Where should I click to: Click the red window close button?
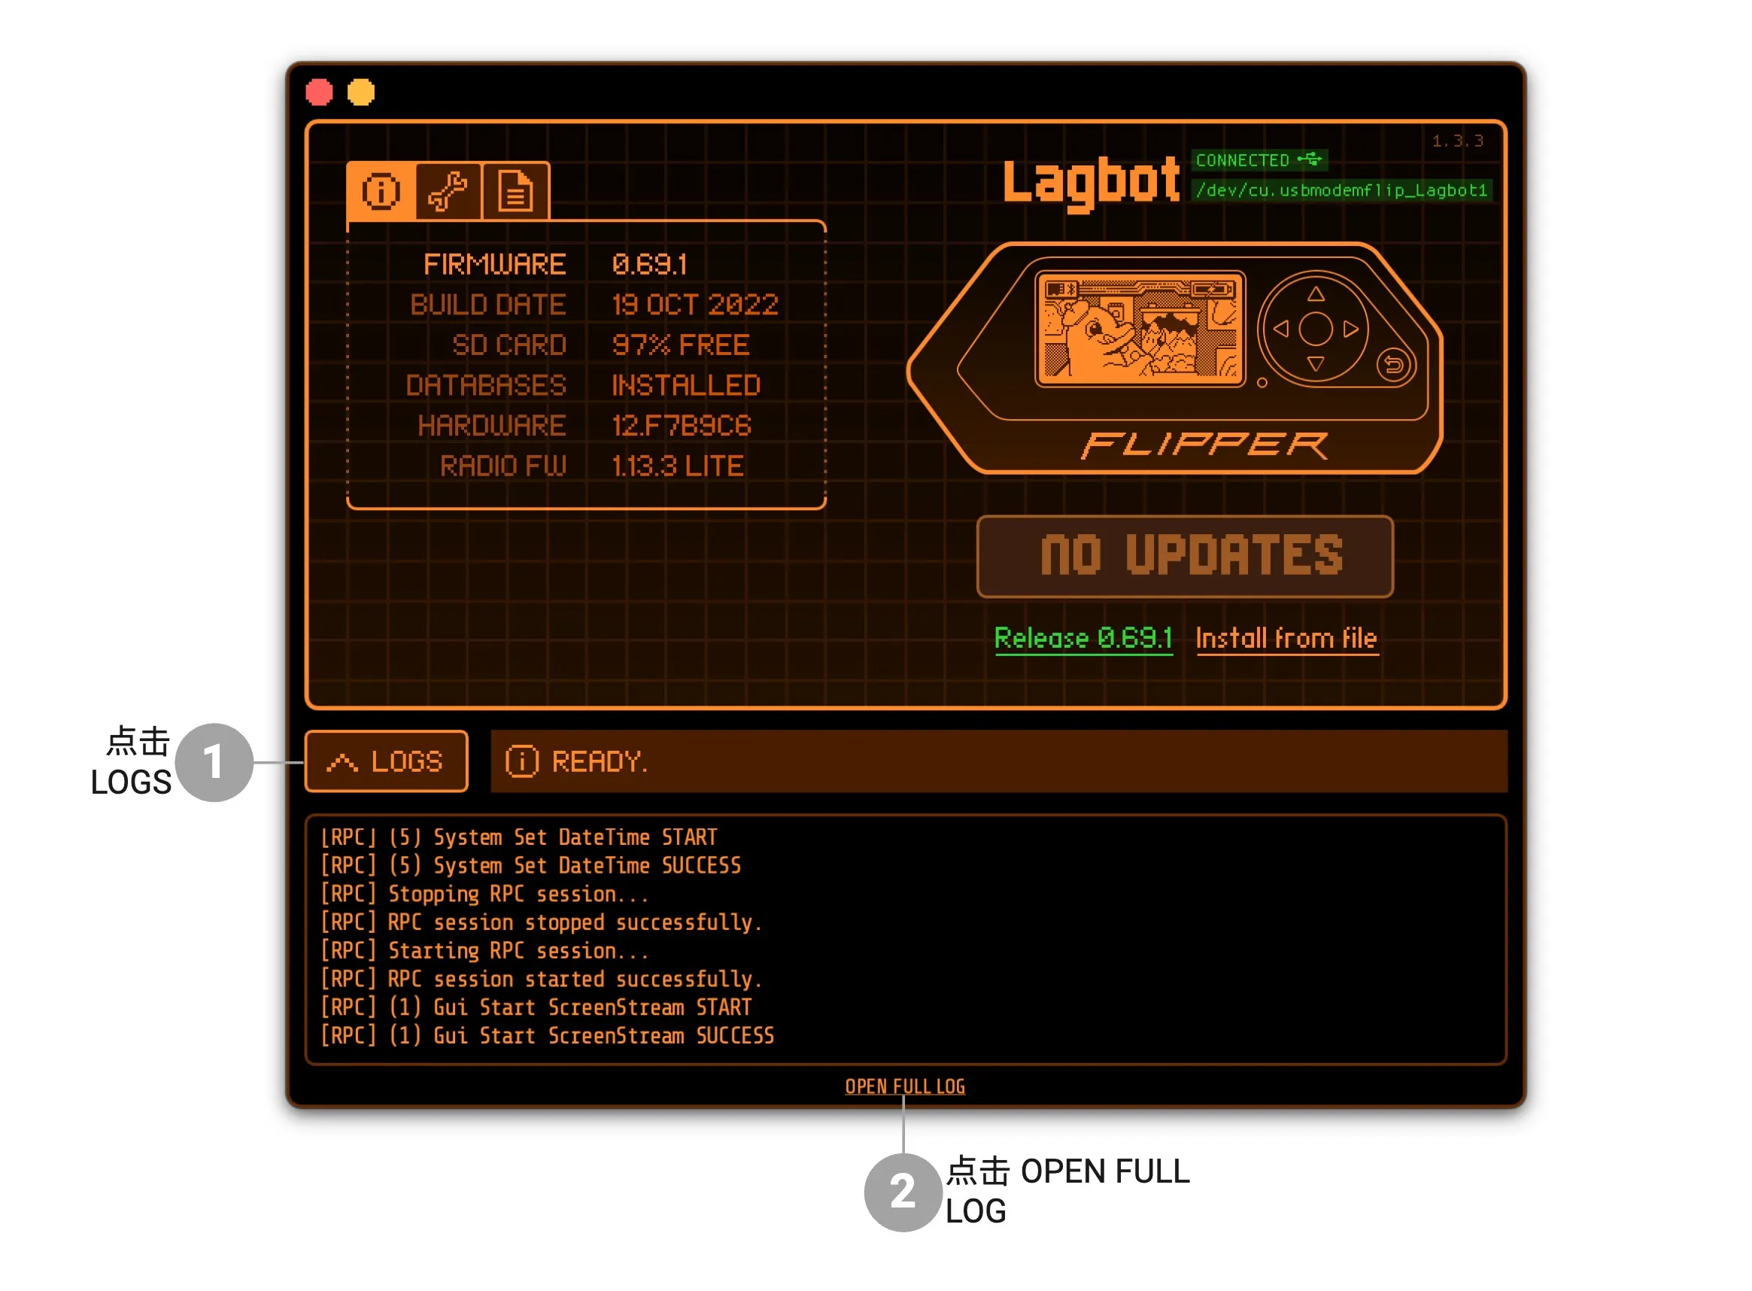[319, 93]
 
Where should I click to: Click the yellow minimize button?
[361, 93]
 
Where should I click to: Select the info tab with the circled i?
[381, 191]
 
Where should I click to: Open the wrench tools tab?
[448, 191]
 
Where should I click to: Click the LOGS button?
[386, 761]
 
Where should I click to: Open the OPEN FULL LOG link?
[905, 1086]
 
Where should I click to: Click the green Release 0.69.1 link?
[1083, 639]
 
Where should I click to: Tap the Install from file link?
[1286, 639]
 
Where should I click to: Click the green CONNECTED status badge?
[1258, 160]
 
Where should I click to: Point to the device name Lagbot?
[1091, 183]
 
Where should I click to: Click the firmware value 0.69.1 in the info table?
[649, 264]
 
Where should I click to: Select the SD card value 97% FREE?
[681, 345]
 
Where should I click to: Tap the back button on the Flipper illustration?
[1393, 365]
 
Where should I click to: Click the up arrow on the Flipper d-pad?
[1316, 294]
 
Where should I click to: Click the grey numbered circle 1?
[214, 762]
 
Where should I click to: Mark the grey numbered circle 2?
[903, 1192]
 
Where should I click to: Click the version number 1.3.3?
[1457, 141]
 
